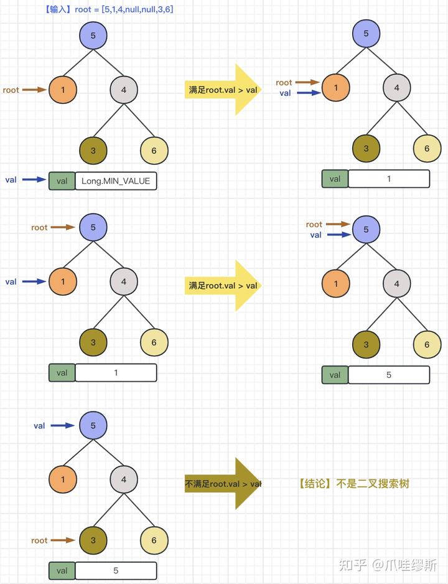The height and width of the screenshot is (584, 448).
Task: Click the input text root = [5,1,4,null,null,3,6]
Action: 124,10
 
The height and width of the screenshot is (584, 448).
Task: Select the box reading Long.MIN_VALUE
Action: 116,181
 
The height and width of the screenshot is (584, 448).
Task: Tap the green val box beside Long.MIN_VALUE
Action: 62,181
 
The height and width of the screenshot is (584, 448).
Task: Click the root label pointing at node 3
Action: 39,540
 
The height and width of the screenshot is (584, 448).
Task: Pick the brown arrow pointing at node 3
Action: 63,540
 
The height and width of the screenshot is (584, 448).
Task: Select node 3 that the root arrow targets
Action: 93,540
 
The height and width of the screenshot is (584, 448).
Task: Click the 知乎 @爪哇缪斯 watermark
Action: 388,565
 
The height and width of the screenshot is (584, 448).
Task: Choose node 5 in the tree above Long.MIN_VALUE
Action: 93,35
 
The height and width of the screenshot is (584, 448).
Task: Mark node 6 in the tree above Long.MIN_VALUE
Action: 154,151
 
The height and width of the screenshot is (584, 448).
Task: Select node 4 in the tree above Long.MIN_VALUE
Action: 124,90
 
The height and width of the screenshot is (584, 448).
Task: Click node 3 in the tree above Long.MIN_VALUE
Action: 93,151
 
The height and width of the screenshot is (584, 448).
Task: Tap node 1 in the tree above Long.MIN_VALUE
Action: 63,90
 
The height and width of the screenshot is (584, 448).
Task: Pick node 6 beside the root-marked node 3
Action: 154,540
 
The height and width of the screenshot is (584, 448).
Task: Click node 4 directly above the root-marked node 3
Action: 124,479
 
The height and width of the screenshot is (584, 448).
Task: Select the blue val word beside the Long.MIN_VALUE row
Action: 11,180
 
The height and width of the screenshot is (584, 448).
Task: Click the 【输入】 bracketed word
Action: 58,10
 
